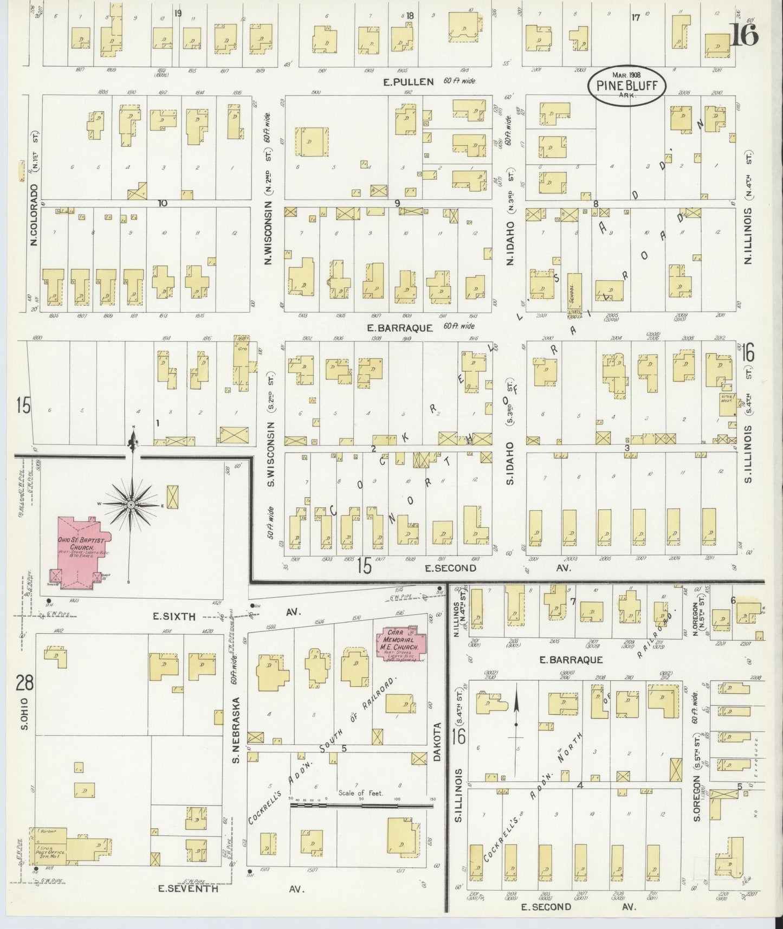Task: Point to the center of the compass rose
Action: pos(131,505)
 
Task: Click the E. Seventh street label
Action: pos(188,888)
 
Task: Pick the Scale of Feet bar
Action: pos(361,805)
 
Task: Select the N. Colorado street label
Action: pos(34,215)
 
